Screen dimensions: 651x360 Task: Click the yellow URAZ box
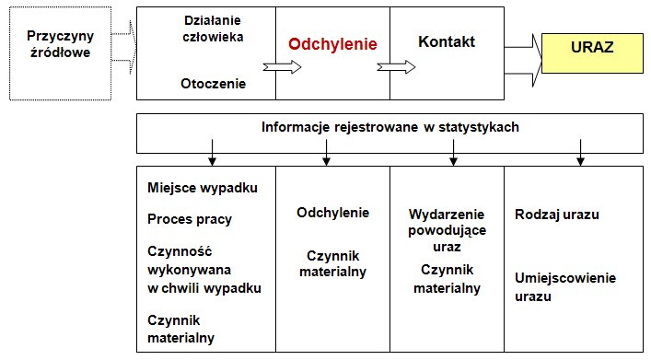(x=592, y=53)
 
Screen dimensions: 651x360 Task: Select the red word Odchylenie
(x=332, y=44)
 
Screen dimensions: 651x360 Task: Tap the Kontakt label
(x=447, y=41)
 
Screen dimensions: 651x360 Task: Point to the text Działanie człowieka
(x=213, y=29)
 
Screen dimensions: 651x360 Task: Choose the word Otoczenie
(x=213, y=84)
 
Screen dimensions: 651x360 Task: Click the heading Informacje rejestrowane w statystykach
(x=390, y=127)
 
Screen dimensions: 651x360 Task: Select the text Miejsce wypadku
(x=203, y=188)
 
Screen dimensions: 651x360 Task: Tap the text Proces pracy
(x=190, y=219)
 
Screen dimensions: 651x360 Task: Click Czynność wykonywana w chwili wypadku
(x=204, y=270)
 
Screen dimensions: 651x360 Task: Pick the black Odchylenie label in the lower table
(x=332, y=213)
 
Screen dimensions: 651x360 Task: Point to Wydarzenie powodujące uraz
(x=447, y=230)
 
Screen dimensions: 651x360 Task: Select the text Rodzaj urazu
(x=557, y=215)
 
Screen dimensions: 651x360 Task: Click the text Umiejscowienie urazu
(x=565, y=287)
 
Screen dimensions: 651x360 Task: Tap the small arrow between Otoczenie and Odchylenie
(x=283, y=67)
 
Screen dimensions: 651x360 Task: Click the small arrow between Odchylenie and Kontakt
(x=396, y=67)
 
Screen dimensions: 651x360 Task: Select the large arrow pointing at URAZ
(x=523, y=61)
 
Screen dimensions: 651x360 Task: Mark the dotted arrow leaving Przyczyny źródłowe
(x=123, y=47)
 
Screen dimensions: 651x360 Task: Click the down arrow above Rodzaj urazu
(x=580, y=153)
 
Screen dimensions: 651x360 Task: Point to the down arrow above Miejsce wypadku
(x=212, y=153)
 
